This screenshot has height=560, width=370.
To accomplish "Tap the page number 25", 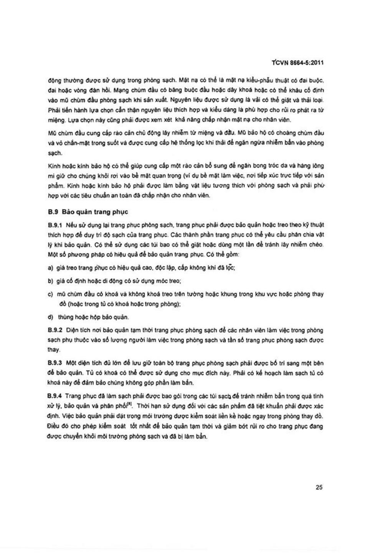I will tap(319, 488).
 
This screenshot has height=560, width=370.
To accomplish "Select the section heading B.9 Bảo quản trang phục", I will tap(88, 212).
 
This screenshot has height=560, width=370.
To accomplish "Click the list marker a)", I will tap(50, 268).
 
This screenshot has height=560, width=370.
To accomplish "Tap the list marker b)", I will tap(50, 281).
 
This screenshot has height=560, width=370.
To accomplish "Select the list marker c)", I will tap(50, 294).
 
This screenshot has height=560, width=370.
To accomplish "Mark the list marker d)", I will tap(50, 317).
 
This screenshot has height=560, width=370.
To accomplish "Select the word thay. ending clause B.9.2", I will tap(54, 350).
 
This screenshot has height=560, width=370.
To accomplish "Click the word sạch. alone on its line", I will tap(55, 153).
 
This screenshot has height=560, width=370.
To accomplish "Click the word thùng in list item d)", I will tap(65, 317).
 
